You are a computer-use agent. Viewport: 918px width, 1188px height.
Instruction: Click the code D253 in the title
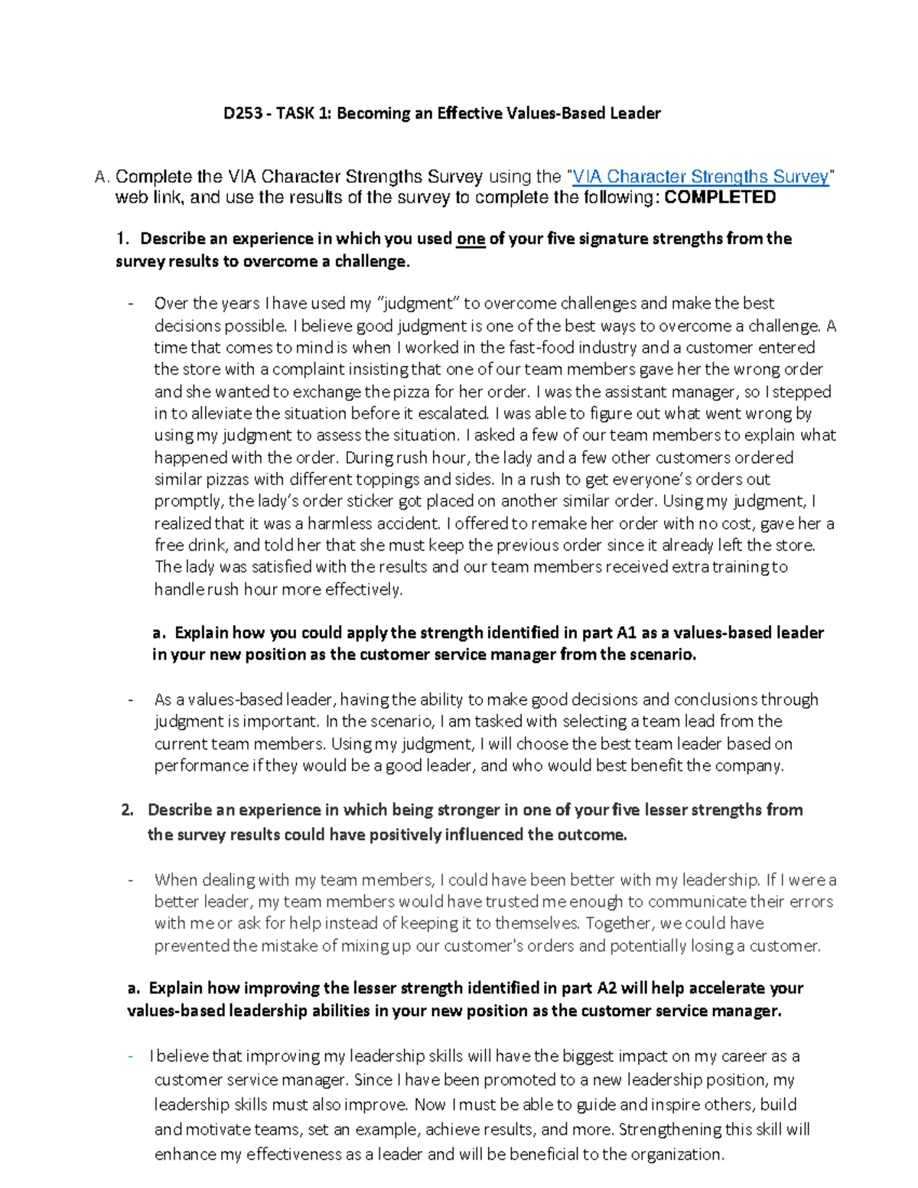pos(241,113)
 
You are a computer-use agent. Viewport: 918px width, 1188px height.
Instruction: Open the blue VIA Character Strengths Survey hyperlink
pos(701,177)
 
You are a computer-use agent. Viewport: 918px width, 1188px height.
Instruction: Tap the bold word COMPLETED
pos(720,197)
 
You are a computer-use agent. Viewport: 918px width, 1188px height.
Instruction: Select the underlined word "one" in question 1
pos(470,239)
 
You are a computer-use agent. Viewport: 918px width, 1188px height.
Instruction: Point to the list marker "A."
pos(103,177)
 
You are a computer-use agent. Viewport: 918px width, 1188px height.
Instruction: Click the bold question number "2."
pos(128,810)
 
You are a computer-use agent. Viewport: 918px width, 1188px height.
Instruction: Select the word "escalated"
pos(454,414)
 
